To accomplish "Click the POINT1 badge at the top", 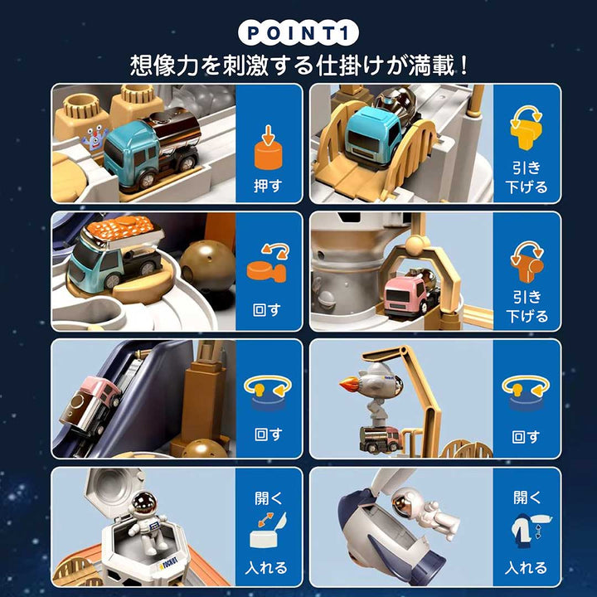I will [x=298, y=32].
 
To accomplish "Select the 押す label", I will [x=268, y=186].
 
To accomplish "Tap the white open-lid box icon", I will [x=267, y=532].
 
